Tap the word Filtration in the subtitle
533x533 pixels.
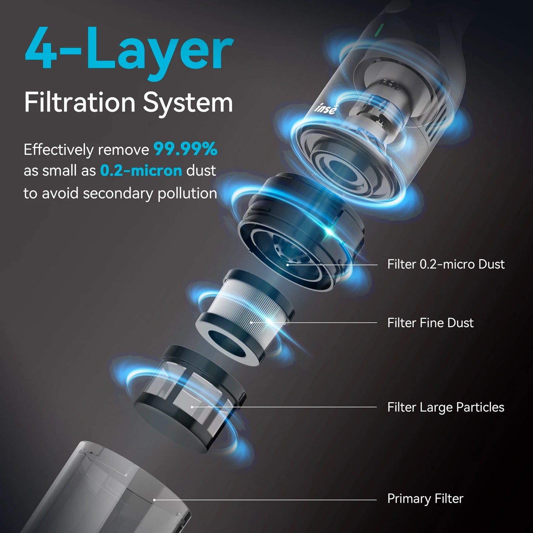click(x=80, y=102)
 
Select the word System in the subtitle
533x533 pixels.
click(x=188, y=103)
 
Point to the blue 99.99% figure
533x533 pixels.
click(x=186, y=149)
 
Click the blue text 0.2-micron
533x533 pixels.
click(x=141, y=171)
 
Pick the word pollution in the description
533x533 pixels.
click(x=187, y=193)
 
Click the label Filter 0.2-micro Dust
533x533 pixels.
click(x=446, y=264)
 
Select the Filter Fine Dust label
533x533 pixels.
click(x=430, y=323)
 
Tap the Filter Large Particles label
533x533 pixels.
click(x=446, y=407)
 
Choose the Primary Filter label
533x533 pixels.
click(x=425, y=499)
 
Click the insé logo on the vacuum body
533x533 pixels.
click(x=326, y=108)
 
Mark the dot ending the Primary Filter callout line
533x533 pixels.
click(x=154, y=500)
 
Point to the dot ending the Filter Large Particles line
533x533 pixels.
click(x=192, y=407)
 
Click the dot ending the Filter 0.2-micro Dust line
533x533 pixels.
click(x=288, y=265)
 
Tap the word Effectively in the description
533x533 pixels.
click(x=59, y=150)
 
